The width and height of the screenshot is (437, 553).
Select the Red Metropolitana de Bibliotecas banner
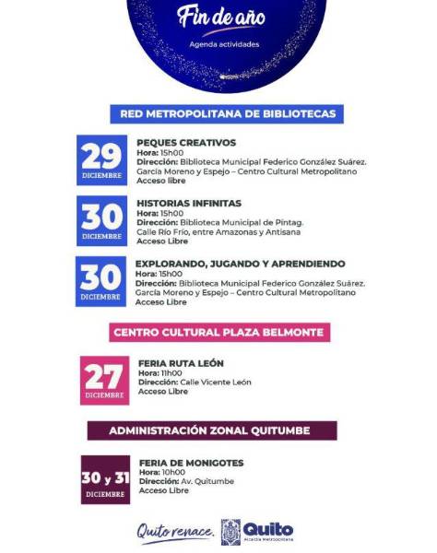[228, 114]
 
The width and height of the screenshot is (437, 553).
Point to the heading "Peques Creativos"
[186, 143]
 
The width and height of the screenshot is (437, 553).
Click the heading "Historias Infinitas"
[189, 203]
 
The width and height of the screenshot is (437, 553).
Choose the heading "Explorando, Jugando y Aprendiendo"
[240, 263]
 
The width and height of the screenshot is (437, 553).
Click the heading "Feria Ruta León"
[181, 363]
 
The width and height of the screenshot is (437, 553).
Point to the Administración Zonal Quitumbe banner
[211, 430]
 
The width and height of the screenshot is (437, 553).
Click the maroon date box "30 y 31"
[104, 479]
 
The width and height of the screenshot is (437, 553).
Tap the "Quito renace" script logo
[175, 532]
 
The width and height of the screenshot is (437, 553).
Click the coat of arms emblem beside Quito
[231, 532]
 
